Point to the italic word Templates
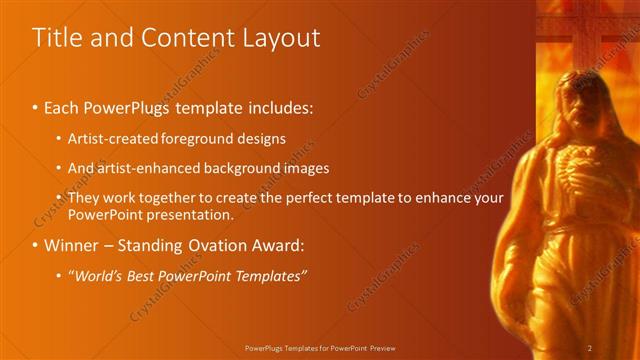coord(271,276)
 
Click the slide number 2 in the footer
coord(590,348)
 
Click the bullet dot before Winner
coord(37,246)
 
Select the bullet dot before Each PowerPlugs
coord(37,107)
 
